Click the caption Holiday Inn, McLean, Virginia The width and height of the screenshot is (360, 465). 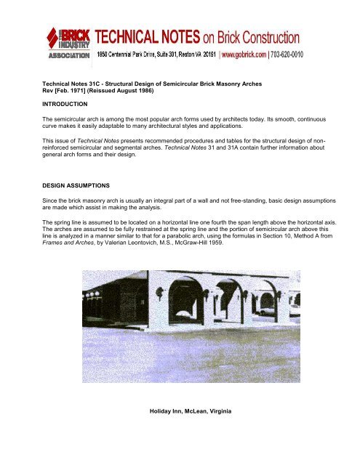191,413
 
